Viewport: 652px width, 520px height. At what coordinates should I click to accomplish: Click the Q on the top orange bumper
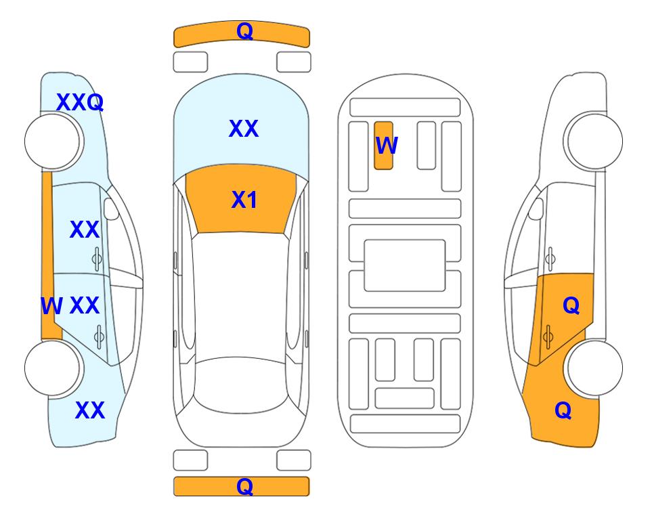[244, 30]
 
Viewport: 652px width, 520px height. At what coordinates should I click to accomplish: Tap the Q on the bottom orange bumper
[244, 486]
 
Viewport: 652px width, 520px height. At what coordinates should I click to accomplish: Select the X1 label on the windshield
[244, 200]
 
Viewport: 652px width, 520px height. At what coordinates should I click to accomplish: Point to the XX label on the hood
[244, 128]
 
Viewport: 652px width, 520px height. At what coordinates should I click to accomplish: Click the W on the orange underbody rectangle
[387, 145]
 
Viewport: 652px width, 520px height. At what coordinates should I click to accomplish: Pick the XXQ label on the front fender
[80, 102]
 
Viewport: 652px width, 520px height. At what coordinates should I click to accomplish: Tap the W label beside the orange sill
[51, 306]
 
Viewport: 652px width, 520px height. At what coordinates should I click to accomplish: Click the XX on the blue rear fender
[90, 410]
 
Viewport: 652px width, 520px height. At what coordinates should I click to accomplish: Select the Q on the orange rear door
[571, 306]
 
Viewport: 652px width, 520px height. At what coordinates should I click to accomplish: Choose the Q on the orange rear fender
[563, 410]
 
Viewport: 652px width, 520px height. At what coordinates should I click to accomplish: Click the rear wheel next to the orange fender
[594, 368]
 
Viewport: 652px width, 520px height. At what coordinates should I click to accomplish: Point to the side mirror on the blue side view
[111, 209]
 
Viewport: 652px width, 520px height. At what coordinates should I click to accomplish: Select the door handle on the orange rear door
[548, 337]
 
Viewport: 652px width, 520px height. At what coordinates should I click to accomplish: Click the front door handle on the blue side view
[97, 259]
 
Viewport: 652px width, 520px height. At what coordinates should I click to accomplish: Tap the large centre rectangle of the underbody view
[405, 265]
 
